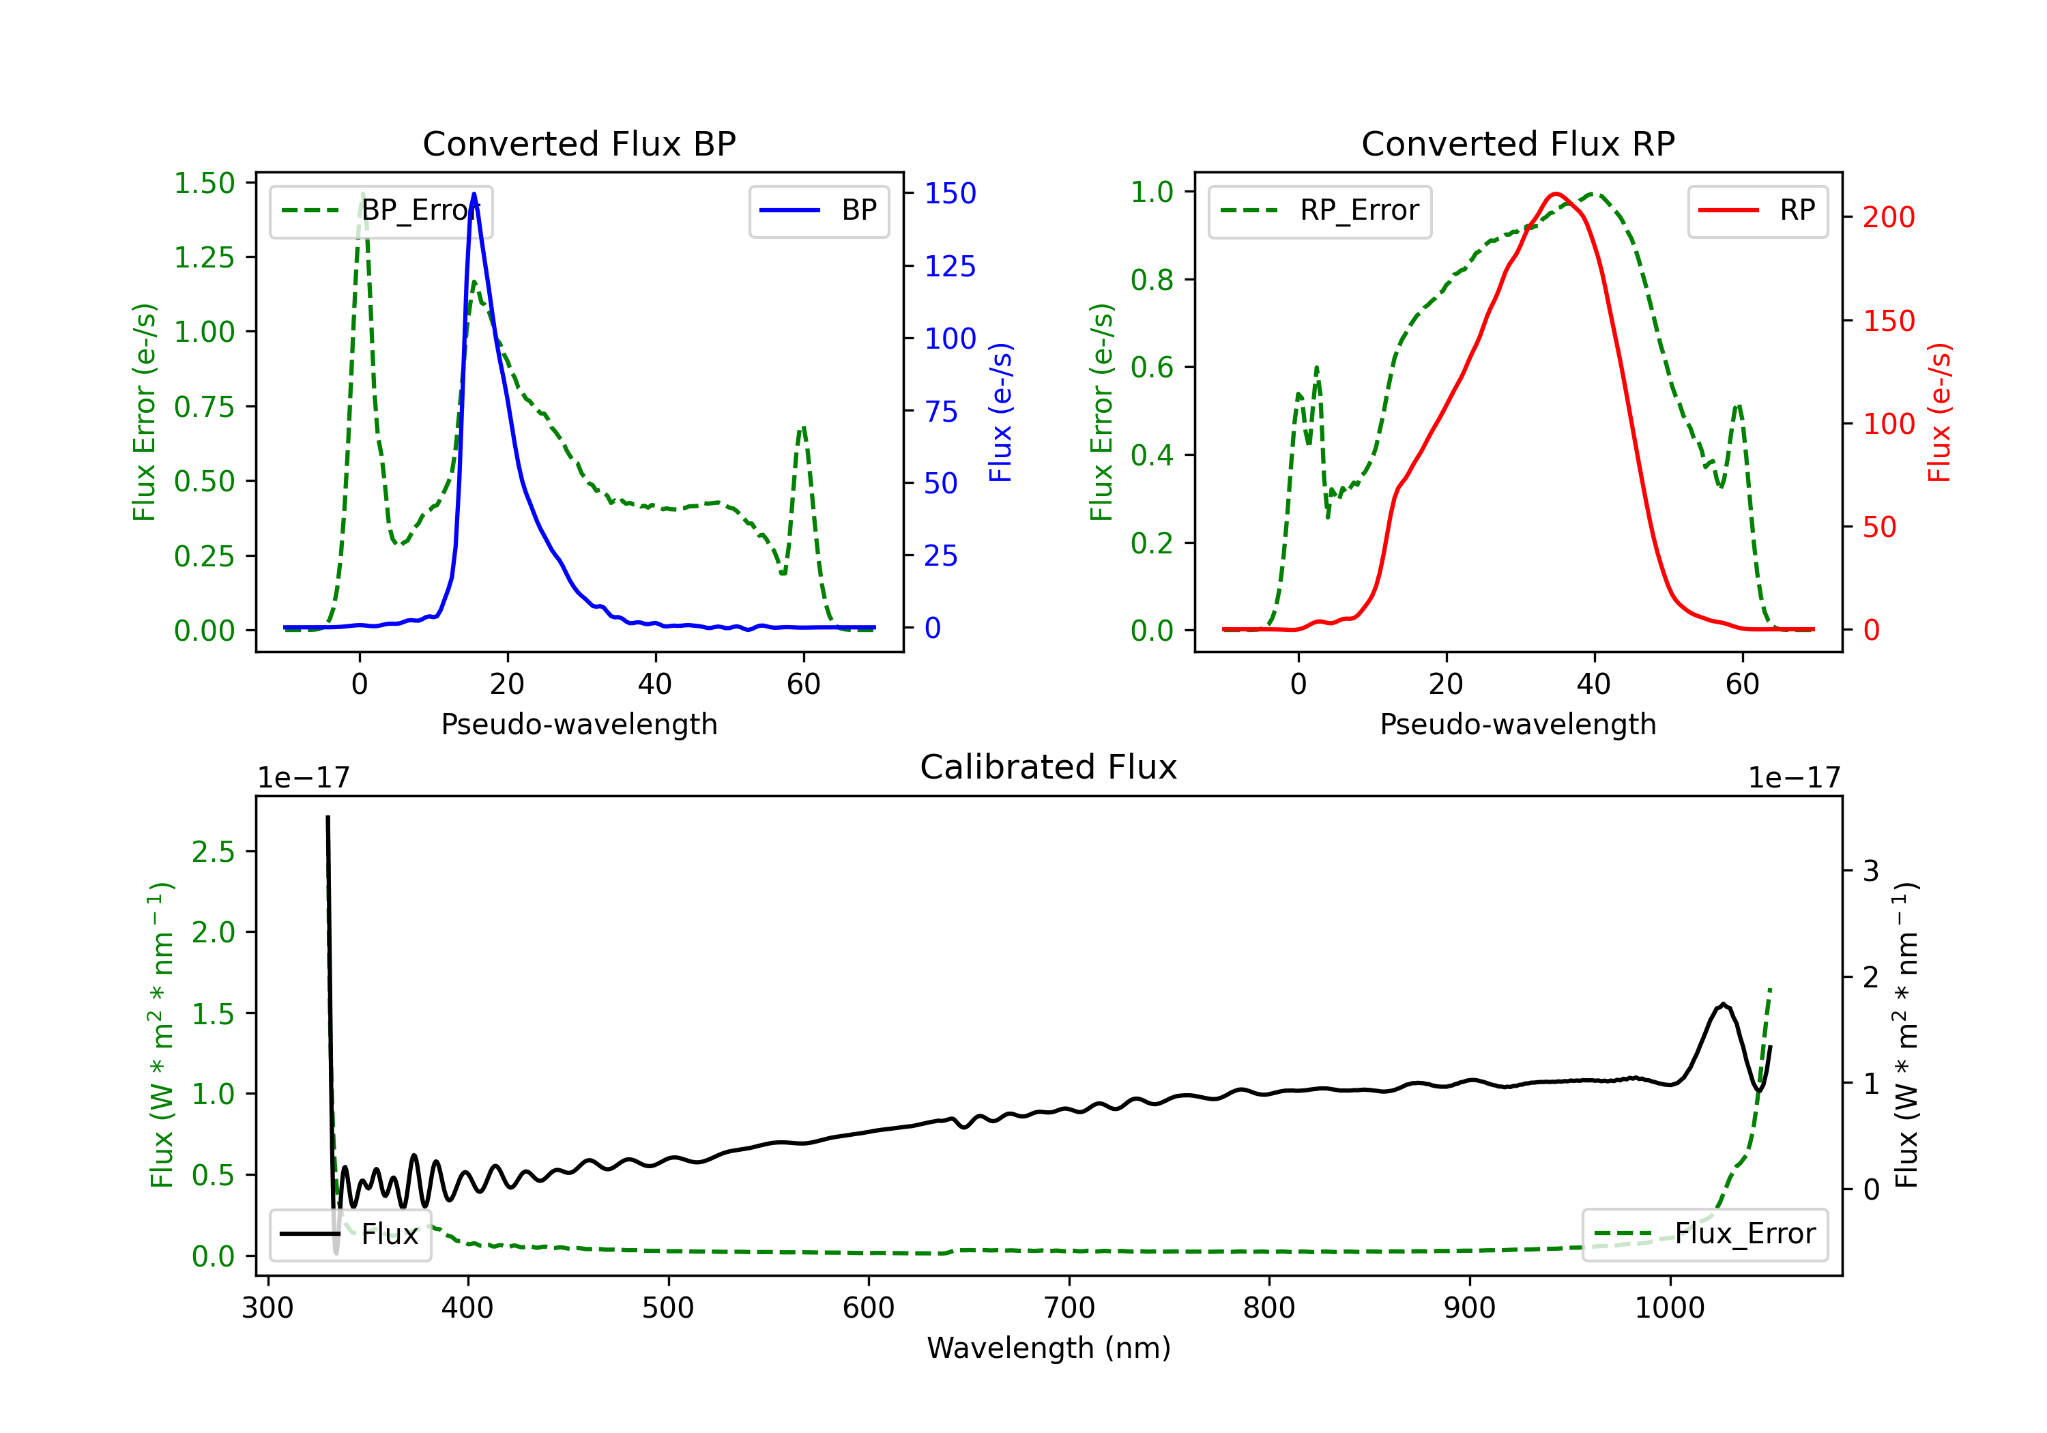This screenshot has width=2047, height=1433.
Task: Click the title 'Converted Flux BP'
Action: coord(579,143)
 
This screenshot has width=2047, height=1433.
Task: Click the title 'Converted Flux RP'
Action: coord(1518,143)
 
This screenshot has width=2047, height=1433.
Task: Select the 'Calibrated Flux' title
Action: coord(1049,767)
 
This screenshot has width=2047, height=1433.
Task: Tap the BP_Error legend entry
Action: coord(381,210)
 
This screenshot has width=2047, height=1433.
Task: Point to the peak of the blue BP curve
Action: coord(474,194)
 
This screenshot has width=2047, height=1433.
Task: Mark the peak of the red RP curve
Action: coord(1556,194)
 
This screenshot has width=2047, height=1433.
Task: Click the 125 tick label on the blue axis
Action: coord(950,265)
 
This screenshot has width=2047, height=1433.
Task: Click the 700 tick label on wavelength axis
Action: coord(1069,1307)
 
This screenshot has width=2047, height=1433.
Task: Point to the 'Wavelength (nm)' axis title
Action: coord(1049,1348)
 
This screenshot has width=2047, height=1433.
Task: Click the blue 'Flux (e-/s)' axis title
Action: coord(1000,412)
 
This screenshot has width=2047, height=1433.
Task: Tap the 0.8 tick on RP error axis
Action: coord(1152,279)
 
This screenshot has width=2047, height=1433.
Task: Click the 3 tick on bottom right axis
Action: coord(1872,870)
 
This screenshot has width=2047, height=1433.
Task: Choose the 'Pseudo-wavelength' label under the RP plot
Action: coord(1518,724)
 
